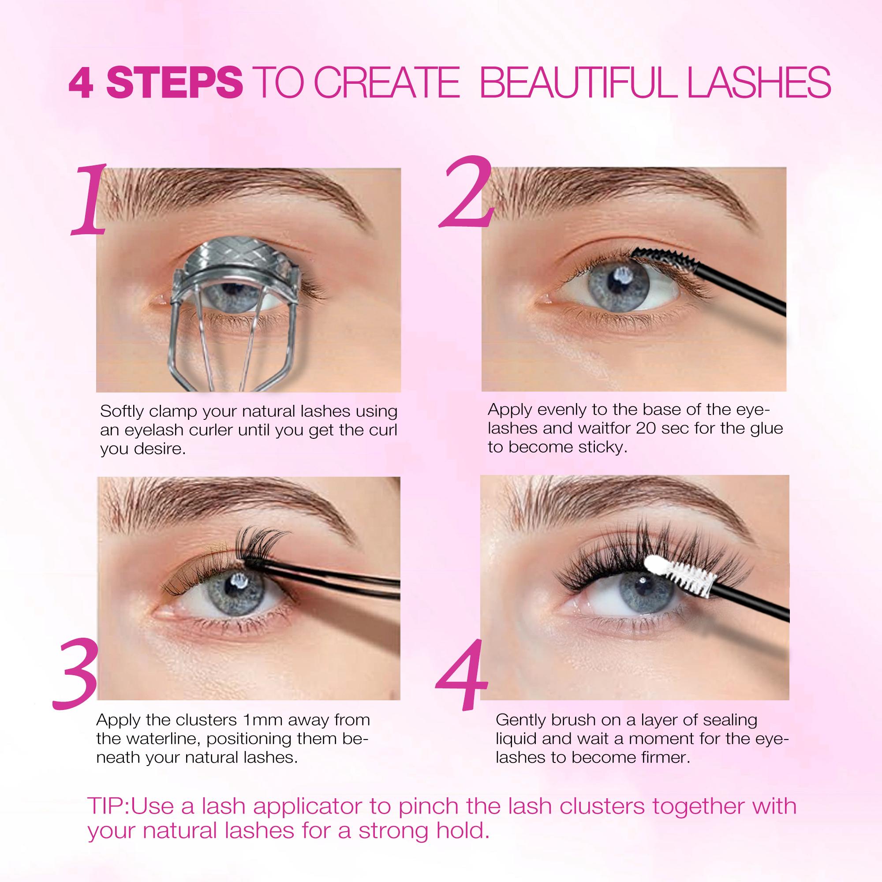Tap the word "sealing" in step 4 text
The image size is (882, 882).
click(x=731, y=720)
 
